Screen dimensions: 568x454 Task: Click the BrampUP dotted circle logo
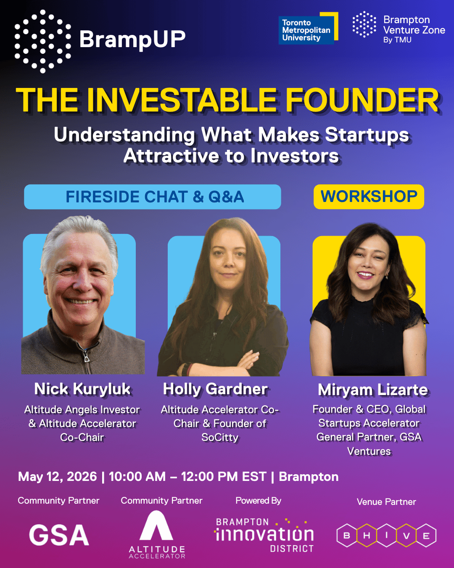click(x=42, y=41)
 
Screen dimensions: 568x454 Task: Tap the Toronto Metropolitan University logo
click(x=308, y=29)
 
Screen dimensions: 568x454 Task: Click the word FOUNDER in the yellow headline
click(x=362, y=101)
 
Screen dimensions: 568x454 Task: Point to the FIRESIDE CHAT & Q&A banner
click(x=153, y=197)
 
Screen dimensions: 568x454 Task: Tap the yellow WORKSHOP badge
click(x=369, y=196)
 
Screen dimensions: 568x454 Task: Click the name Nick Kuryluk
click(x=82, y=389)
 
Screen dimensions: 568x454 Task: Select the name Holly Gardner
click(x=215, y=389)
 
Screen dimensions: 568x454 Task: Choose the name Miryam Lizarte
click(x=372, y=390)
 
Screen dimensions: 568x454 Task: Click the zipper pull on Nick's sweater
click(x=87, y=357)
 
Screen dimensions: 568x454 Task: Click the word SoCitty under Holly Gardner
click(x=220, y=438)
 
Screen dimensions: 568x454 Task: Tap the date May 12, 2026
click(x=58, y=477)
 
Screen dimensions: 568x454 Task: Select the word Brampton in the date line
click(x=309, y=477)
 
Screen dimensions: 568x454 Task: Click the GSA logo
click(x=59, y=535)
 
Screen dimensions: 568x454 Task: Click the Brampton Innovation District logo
click(x=264, y=535)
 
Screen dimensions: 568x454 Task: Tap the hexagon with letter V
click(x=406, y=536)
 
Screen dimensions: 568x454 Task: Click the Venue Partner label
click(x=386, y=502)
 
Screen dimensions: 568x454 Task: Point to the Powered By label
click(x=258, y=501)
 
